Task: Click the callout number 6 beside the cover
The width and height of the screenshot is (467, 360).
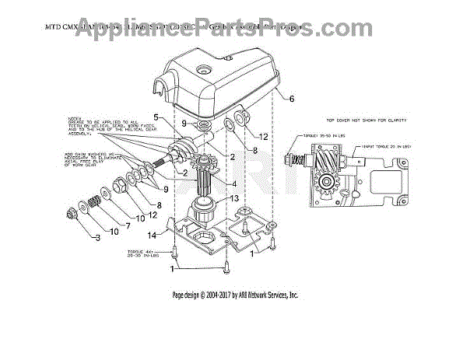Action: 293,100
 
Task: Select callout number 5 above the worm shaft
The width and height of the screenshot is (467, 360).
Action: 156,117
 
